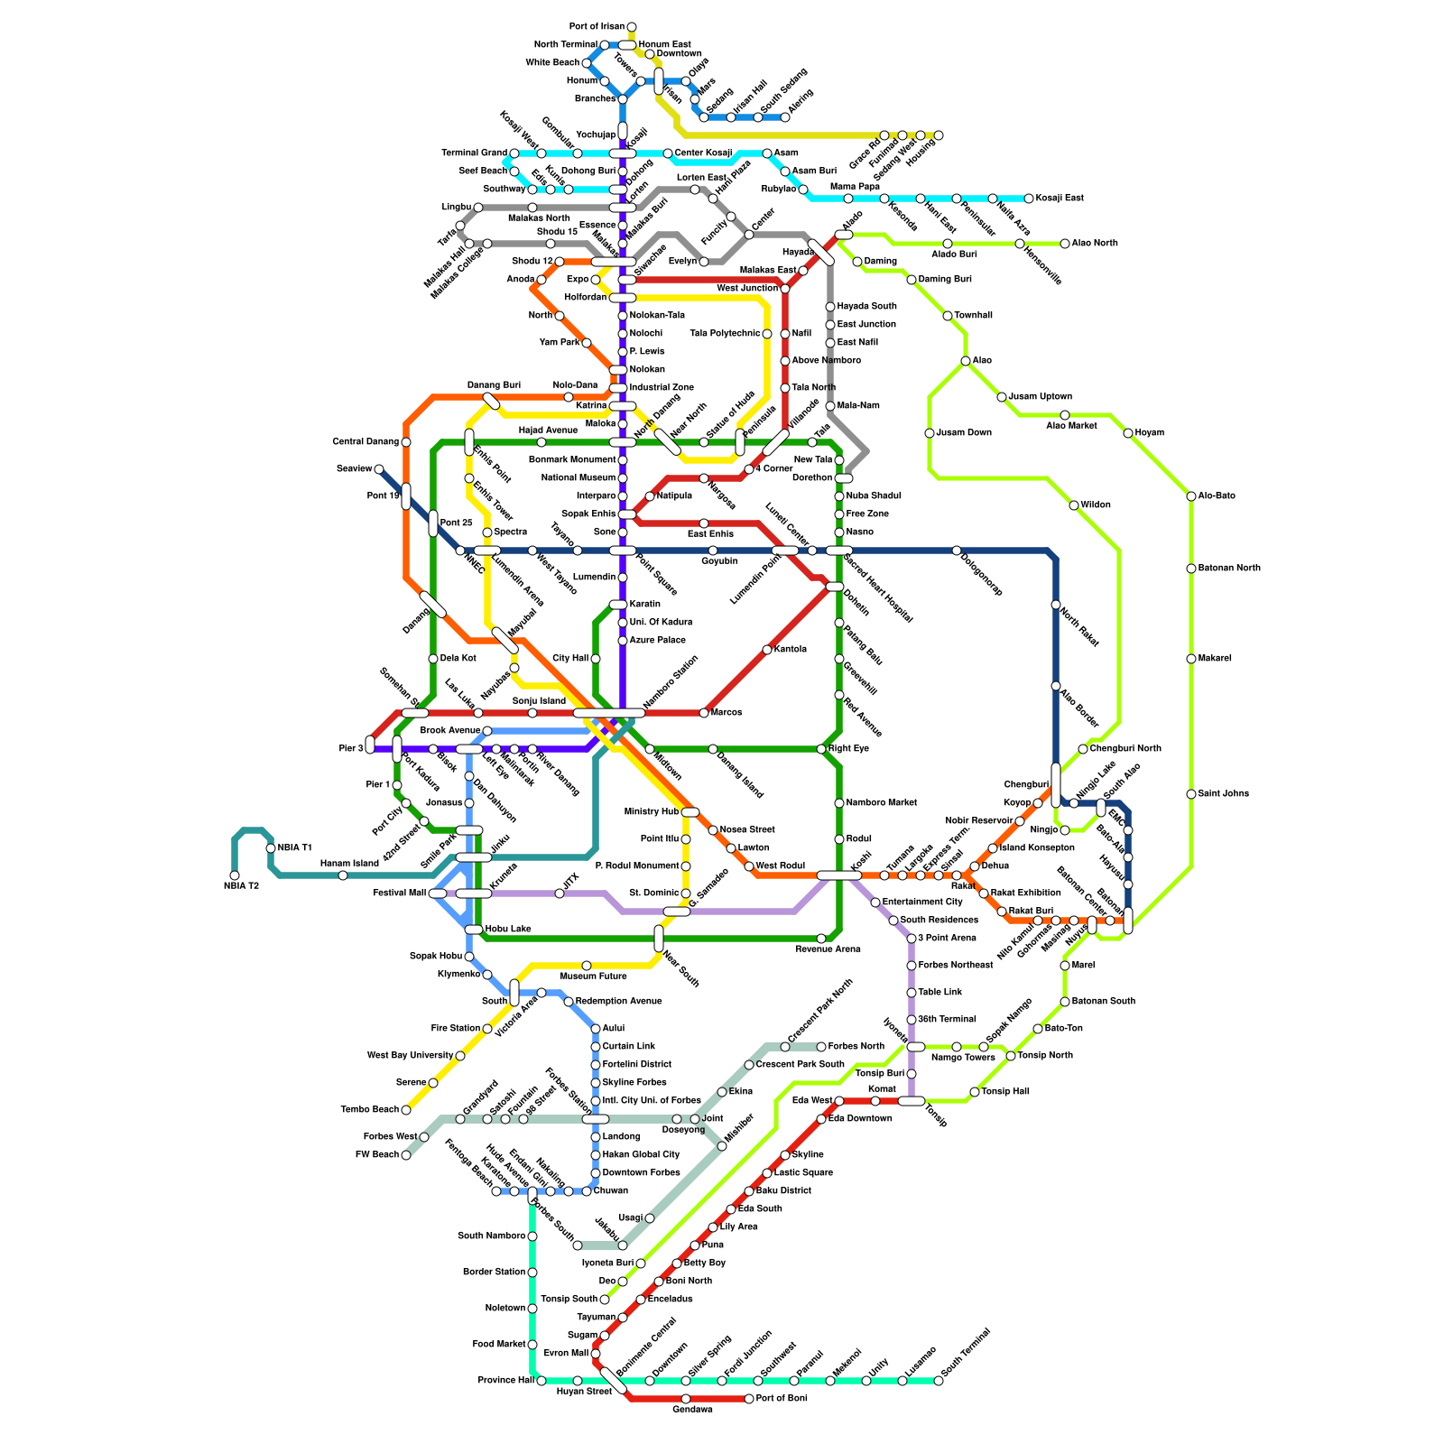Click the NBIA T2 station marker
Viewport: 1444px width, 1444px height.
(235, 875)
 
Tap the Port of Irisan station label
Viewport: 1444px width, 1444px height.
(597, 26)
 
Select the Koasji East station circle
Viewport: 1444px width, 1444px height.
(1029, 199)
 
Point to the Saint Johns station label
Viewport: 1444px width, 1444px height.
(1224, 794)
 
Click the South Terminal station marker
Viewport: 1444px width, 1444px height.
(939, 1381)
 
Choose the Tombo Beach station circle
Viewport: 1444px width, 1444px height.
(406, 1110)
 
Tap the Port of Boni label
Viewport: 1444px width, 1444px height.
(782, 1399)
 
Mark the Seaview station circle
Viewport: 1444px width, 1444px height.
(379, 469)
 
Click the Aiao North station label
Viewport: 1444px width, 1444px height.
(1095, 244)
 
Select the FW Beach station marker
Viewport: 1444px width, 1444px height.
(406, 1155)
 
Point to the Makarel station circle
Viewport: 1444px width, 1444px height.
(1191, 659)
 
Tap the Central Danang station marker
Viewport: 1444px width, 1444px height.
(406, 442)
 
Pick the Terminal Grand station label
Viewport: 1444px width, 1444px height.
(474, 153)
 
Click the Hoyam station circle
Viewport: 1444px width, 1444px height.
(1128, 433)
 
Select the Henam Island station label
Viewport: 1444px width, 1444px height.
(349, 864)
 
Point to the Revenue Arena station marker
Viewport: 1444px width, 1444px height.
(821, 939)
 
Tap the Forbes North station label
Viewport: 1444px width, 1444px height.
(856, 1047)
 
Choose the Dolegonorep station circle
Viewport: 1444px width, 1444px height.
(957, 551)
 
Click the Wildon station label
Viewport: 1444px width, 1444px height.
(1096, 505)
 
